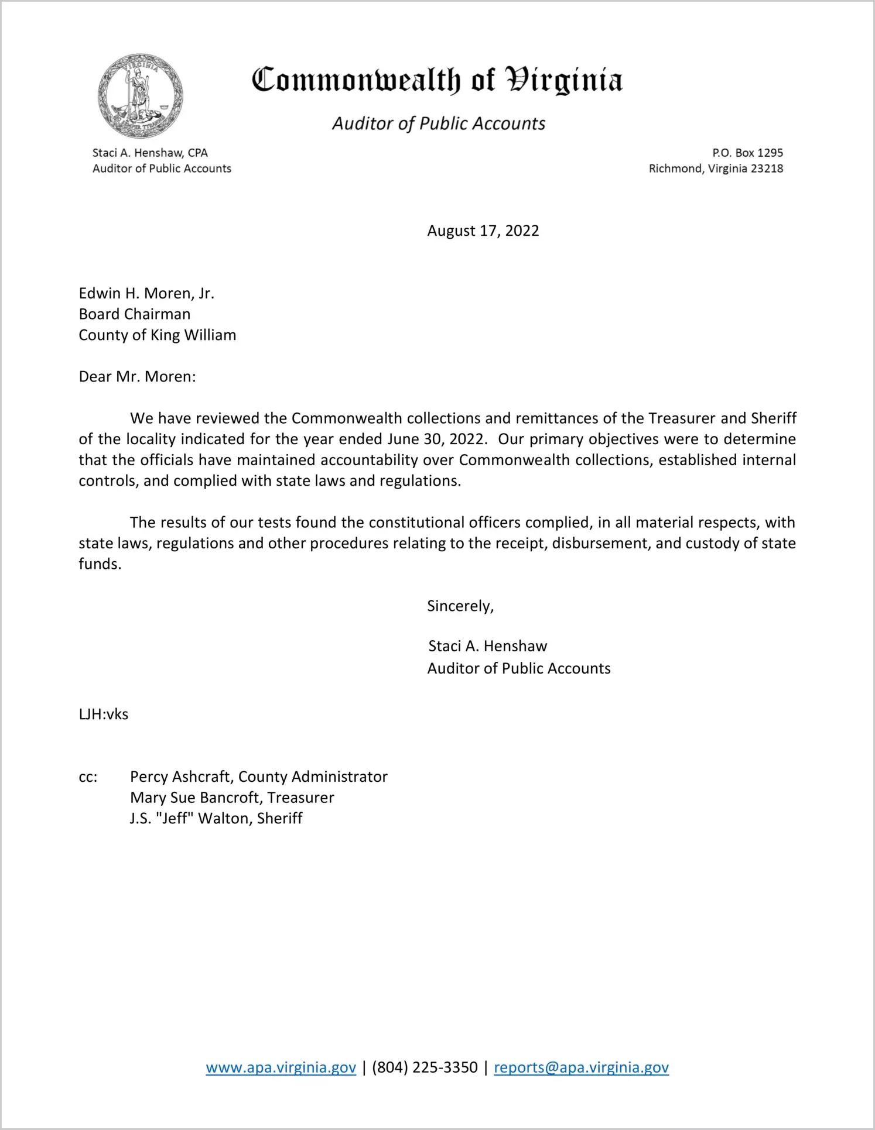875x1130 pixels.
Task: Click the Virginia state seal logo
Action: click(x=140, y=96)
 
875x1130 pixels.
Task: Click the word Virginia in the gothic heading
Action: click(x=563, y=80)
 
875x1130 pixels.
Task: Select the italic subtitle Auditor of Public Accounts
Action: click(x=439, y=123)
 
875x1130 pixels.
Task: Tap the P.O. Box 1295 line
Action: click(x=747, y=153)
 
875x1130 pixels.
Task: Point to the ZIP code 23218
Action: click(x=767, y=169)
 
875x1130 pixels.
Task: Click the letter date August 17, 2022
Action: click(x=483, y=231)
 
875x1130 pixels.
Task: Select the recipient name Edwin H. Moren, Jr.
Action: click(x=146, y=293)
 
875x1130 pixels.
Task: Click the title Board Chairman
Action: click(x=135, y=314)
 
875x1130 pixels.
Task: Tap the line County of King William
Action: click(x=158, y=335)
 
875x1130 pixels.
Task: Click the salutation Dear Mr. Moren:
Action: click(x=137, y=376)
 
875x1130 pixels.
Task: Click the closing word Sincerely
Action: click(x=459, y=606)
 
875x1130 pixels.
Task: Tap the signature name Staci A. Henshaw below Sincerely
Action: click(x=487, y=646)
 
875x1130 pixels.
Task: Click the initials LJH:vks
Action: click(x=104, y=714)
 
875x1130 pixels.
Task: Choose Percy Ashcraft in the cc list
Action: click(x=181, y=777)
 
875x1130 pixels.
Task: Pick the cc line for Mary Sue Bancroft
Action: click(x=232, y=798)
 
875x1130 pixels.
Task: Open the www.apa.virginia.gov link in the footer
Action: click(x=281, y=1067)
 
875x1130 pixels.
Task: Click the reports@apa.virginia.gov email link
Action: click(x=581, y=1067)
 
